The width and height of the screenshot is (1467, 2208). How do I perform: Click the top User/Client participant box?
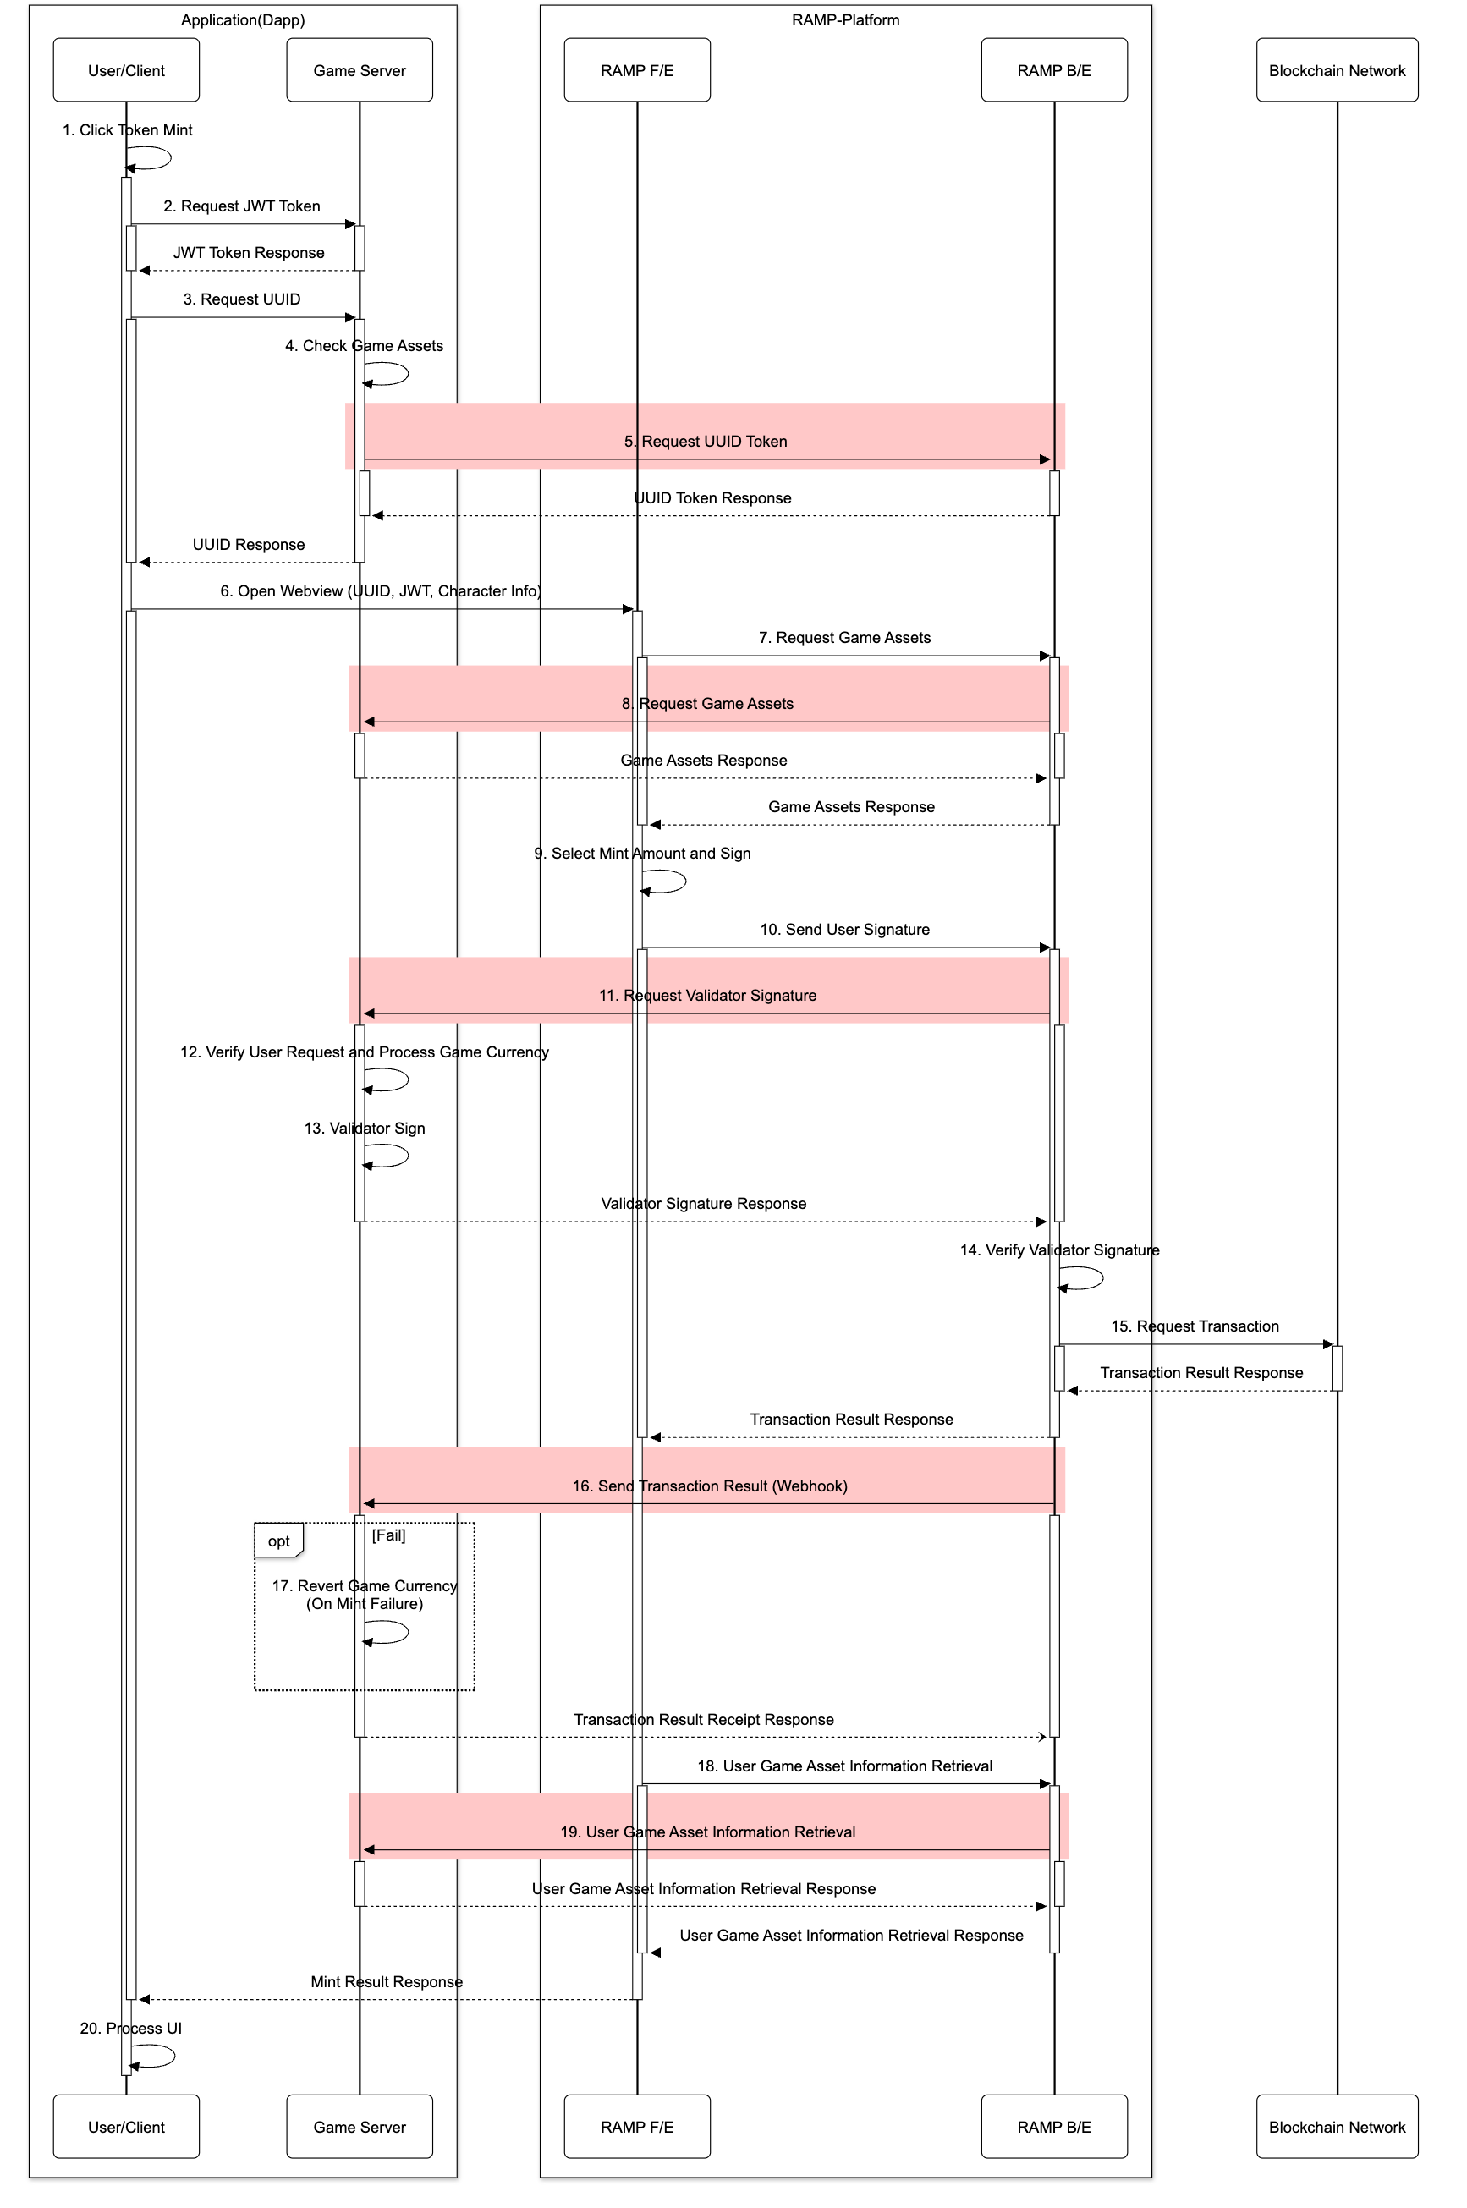(126, 70)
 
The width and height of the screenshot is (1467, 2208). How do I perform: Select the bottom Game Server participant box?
(360, 2127)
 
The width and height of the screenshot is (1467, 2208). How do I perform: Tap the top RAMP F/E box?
(636, 70)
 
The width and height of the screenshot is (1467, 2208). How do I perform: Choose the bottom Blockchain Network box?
(1336, 2127)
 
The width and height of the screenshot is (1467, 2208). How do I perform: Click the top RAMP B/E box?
(1053, 70)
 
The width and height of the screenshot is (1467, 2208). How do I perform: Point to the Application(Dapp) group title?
(242, 19)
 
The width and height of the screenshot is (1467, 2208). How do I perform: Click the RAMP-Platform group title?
(845, 19)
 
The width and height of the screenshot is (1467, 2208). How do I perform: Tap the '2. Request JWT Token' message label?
(241, 206)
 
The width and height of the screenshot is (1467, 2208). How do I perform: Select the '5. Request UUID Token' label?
(706, 441)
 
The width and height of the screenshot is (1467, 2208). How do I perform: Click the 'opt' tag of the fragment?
(277, 1541)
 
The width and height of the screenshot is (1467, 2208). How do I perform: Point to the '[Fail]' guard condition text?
(388, 1535)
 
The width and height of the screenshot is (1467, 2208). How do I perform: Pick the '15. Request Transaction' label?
(1194, 1326)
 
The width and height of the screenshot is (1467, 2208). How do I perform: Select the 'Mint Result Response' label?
(387, 1981)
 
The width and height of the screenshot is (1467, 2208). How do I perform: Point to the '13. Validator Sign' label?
(364, 1129)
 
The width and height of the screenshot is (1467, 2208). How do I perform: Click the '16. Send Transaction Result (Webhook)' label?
(709, 1486)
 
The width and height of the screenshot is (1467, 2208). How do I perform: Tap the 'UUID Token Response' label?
(712, 497)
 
